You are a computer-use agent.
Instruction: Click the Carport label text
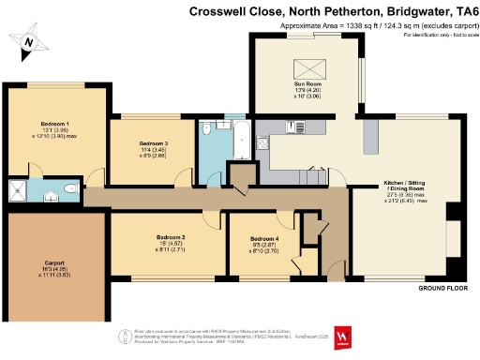(x=53, y=262)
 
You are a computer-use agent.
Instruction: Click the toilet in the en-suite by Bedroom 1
(x=73, y=190)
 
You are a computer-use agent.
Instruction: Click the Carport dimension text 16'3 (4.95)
(x=53, y=270)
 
